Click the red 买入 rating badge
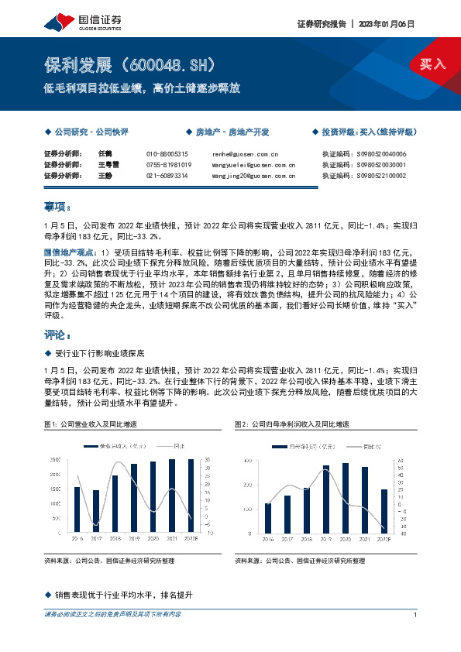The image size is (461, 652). click(x=433, y=64)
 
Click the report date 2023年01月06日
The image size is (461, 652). click(x=387, y=24)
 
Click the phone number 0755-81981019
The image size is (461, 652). click(x=168, y=165)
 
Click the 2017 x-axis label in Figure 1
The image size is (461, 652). click(x=96, y=537)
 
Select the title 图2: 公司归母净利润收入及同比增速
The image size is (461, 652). click(x=292, y=424)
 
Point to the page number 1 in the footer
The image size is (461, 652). click(x=416, y=615)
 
